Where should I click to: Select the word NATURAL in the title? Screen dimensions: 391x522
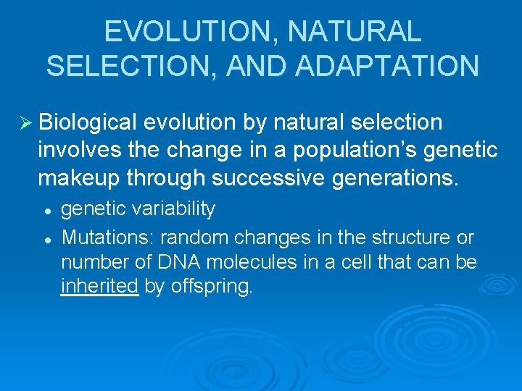[355, 32]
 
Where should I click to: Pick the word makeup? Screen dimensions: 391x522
[78, 177]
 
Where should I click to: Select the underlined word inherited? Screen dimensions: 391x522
[99, 287]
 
